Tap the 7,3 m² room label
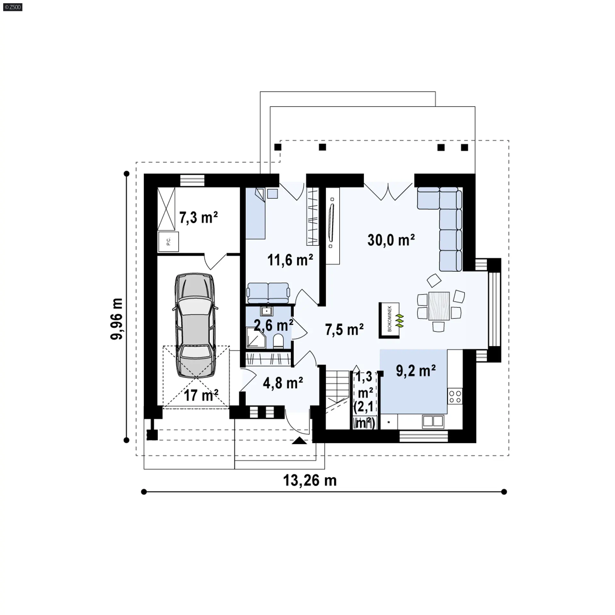[x=198, y=217]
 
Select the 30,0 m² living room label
[x=391, y=240]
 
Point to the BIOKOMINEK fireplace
[x=389, y=320]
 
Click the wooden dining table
[x=439, y=306]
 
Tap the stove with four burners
[x=455, y=396]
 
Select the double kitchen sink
[x=433, y=422]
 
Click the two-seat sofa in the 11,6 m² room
[x=268, y=293]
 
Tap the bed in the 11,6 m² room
[x=255, y=213]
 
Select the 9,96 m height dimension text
[x=116, y=319]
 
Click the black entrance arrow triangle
[x=299, y=441]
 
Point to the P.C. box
[x=168, y=242]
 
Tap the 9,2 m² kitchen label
[x=416, y=371]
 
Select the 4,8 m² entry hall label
[x=283, y=383]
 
